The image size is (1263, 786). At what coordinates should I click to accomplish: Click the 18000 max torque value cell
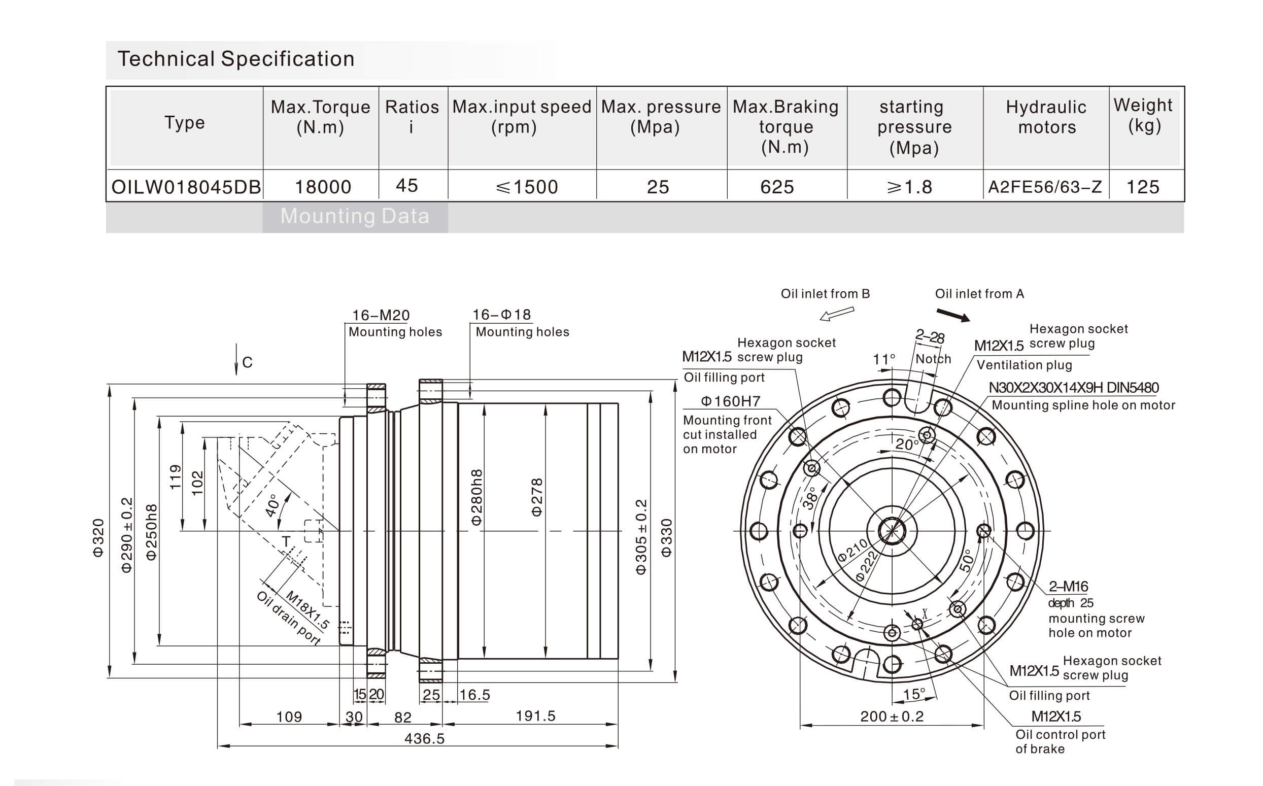(323, 187)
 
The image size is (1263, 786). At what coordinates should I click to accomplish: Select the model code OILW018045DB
(186, 187)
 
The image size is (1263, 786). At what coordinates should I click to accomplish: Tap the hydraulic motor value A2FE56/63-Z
(1045, 187)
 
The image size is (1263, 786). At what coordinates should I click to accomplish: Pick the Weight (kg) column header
(1143, 115)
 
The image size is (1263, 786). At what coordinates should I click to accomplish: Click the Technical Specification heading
(236, 59)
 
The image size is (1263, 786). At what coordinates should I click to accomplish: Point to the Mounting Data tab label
(355, 216)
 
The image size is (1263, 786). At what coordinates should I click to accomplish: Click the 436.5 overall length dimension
(425, 738)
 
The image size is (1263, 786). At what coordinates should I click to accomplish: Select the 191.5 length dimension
(535, 716)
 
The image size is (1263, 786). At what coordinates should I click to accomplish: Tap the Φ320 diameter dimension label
(98, 538)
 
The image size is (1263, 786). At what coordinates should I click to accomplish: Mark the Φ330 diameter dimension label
(666, 538)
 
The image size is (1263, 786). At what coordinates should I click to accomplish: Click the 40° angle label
(272, 505)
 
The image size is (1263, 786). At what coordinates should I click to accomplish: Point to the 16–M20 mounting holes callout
(381, 315)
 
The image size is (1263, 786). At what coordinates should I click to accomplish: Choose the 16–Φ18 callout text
(501, 315)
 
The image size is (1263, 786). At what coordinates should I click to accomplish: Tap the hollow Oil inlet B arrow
(837, 314)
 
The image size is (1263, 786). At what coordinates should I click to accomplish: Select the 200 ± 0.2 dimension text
(892, 716)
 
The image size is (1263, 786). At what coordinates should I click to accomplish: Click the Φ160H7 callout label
(730, 401)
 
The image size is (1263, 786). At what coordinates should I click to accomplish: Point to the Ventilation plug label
(1024, 365)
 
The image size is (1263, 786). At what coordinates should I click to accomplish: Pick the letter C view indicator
(248, 362)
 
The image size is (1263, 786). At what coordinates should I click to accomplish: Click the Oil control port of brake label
(1061, 741)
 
